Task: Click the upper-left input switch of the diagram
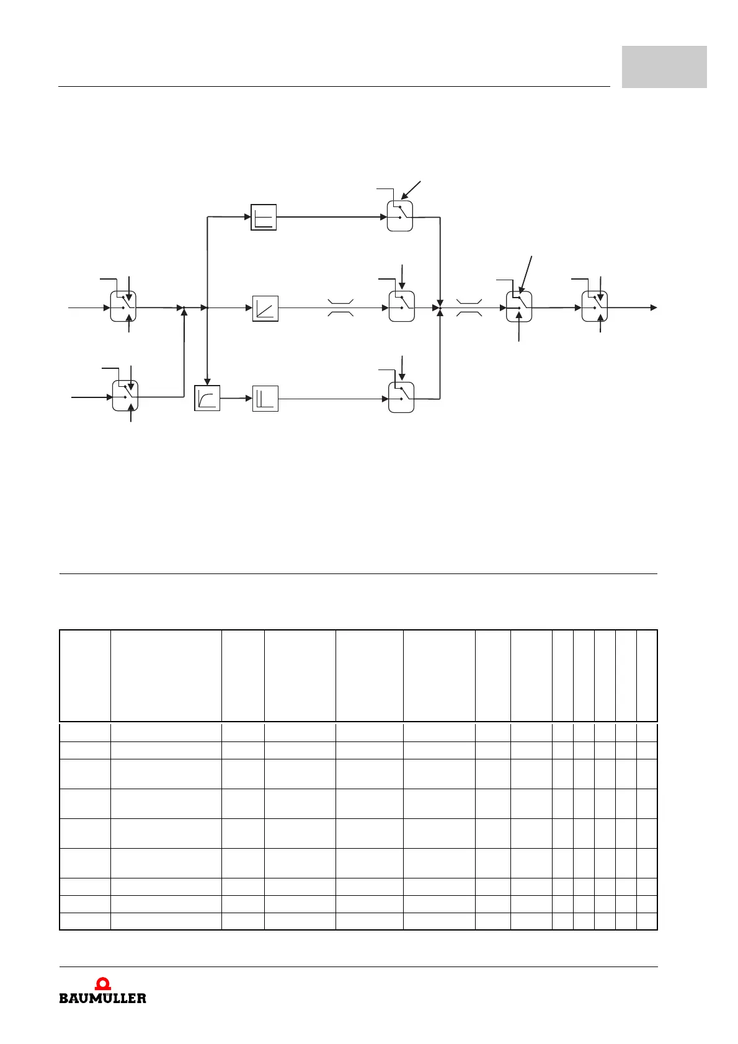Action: click(123, 307)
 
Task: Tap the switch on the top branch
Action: click(400, 216)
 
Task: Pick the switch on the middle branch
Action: click(402, 307)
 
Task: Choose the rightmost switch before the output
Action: click(595, 307)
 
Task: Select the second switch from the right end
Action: click(520, 307)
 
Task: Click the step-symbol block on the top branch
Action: click(264, 217)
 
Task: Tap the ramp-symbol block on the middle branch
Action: click(265, 308)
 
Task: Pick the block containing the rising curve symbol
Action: click(207, 398)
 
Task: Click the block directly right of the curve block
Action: click(265, 399)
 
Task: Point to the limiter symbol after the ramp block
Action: click(340, 307)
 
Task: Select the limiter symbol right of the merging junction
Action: click(468, 307)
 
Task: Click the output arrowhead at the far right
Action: click(653, 307)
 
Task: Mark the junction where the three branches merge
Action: click(440, 307)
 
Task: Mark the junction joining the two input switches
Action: click(184, 307)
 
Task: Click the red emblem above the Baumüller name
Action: click(103, 984)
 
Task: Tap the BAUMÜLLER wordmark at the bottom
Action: click(103, 998)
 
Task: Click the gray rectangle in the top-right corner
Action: click(664, 67)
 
